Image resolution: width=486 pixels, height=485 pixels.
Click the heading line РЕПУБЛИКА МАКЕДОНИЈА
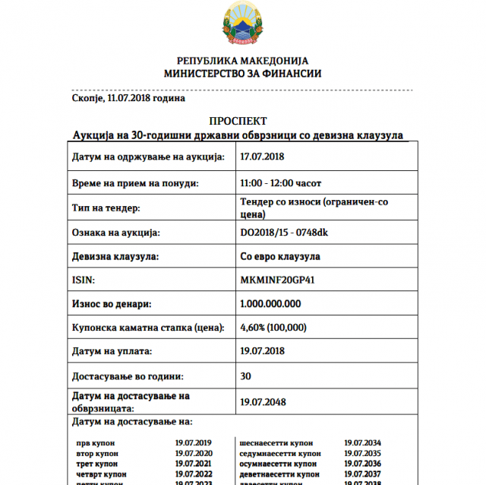point(243,61)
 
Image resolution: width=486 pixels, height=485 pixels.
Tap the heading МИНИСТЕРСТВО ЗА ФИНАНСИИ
point(243,74)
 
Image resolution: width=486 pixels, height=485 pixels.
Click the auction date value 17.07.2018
point(262,156)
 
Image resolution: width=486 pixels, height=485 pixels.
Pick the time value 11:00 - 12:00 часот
point(279,183)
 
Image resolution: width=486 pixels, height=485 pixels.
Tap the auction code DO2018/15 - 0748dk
point(283,232)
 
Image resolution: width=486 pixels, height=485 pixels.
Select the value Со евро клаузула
point(279,256)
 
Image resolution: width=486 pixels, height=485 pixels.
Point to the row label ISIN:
point(83,280)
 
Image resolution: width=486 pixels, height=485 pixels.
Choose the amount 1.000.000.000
point(270,303)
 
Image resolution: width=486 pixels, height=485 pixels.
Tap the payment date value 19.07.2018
point(262,351)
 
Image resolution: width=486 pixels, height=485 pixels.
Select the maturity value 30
point(245,376)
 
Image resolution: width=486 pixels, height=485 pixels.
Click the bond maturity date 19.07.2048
point(262,401)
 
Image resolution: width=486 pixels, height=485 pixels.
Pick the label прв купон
point(93,442)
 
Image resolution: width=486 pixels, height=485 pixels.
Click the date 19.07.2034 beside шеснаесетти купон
point(362,442)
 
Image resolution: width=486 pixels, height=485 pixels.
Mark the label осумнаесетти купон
point(278,464)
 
